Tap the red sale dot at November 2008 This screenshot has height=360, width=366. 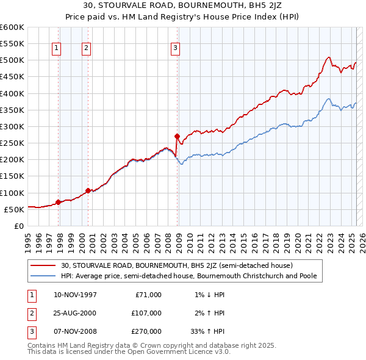coord(177,136)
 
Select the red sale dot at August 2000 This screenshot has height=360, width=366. coord(88,190)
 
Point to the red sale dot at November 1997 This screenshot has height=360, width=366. coord(58,202)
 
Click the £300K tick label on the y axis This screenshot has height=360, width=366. coord(12,126)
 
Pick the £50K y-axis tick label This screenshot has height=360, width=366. coord(14,209)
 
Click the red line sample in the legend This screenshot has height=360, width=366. coord(43,265)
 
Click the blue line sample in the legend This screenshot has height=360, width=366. coord(43,276)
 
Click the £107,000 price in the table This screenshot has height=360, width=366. coord(146,313)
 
